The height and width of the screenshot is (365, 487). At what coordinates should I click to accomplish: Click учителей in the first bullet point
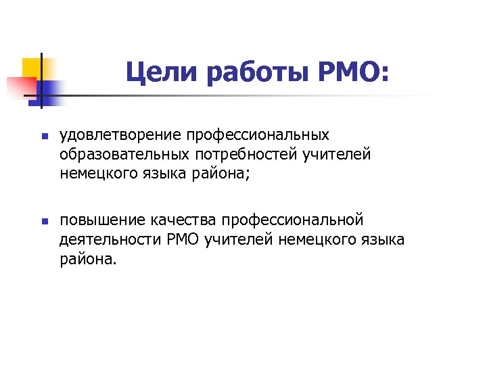coord(337,155)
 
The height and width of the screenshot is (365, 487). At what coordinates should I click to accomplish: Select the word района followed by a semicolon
coord(219,174)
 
